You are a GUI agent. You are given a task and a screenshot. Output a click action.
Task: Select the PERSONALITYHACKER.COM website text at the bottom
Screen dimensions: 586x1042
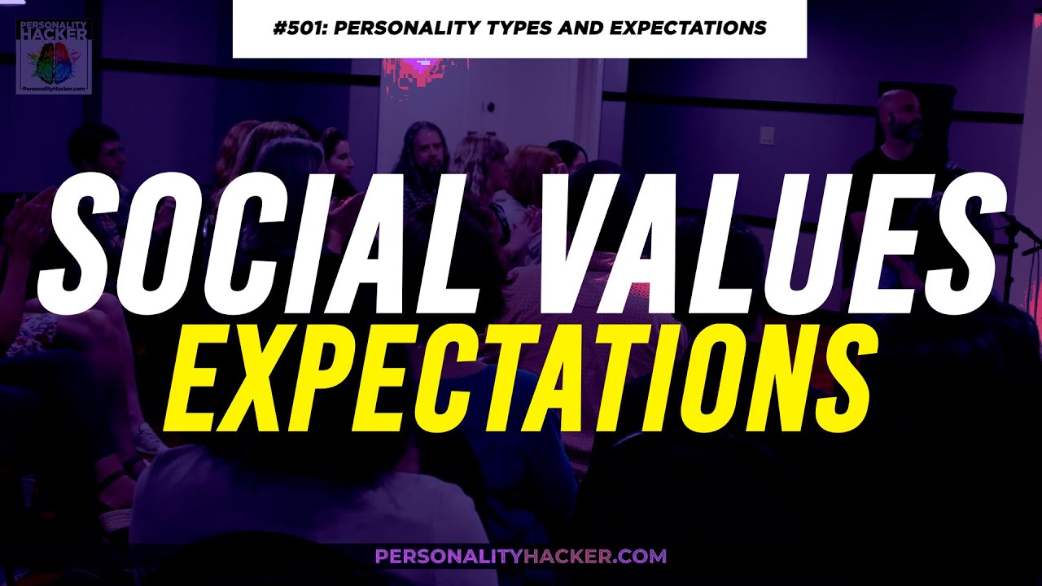click(521, 557)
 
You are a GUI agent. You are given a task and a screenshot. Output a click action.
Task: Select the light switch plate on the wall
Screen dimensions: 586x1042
click(767, 134)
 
